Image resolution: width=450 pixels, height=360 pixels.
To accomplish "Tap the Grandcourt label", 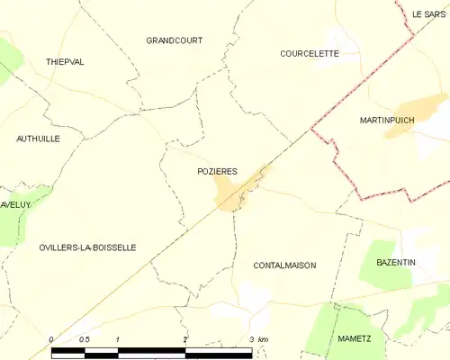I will (174, 40).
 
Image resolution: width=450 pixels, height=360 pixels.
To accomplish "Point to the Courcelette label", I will (309, 54).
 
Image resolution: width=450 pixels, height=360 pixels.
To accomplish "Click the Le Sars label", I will (429, 14).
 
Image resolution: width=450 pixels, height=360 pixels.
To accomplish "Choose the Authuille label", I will (38, 139).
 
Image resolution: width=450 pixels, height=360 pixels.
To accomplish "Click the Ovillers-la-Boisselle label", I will (87, 247).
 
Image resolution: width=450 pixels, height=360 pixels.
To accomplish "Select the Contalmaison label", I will (284, 265).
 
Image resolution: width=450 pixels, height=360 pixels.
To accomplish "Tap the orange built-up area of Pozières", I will (230, 193).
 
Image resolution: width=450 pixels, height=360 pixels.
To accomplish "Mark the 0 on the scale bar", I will (51, 339).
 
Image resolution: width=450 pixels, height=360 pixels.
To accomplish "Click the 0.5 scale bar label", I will (84, 339).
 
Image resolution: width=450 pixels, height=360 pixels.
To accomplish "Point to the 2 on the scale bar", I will (184, 339).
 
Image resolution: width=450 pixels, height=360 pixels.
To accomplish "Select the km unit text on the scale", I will (263, 339).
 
